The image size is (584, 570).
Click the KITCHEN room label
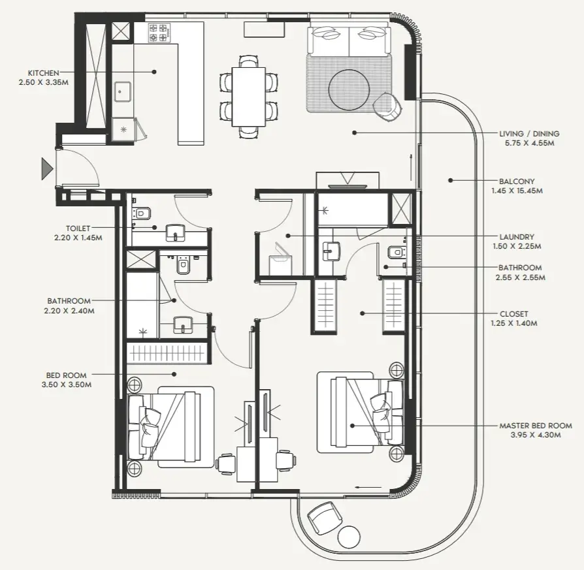(44, 73)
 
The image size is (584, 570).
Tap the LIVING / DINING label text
(529, 134)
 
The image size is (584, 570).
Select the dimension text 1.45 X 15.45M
(517, 191)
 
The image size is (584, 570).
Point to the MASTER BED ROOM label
(536, 426)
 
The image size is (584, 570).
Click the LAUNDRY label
(517, 237)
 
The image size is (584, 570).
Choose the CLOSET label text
(513, 314)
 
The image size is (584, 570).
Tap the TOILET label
(78, 229)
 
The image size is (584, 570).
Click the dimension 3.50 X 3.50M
(66, 385)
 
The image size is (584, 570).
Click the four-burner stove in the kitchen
(159, 33)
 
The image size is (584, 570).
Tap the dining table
(249, 97)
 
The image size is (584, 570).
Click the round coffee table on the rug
(349, 89)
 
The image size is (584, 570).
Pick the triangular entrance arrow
(47, 168)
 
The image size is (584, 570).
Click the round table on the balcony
(349, 537)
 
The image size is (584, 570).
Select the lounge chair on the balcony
(325, 518)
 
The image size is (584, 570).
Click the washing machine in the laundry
(280, 261)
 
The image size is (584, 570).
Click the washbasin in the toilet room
(175, 232)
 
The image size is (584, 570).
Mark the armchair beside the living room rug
(387, 107)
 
